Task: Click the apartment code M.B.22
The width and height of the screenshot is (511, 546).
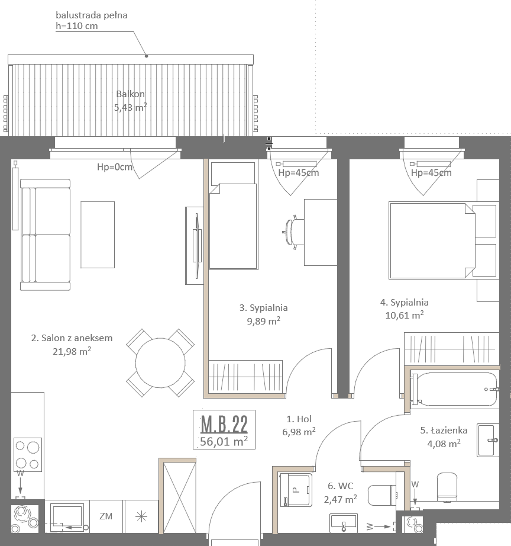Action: tap(224, 424)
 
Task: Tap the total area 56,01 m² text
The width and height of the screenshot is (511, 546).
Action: tap(224, 441)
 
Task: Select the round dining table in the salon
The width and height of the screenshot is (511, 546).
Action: tap(160, 363)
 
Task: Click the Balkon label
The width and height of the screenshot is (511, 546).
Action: tap(131, 94)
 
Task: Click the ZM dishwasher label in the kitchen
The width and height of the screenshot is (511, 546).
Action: tap(106, 516)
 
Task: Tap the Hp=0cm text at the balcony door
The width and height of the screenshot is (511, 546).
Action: tap(115, 167)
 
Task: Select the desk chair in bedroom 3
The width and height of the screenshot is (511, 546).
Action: tap(293, 232)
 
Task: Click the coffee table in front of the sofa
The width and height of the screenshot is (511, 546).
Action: tap(98, 235)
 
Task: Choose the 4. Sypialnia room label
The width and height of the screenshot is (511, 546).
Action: tap(404, 302)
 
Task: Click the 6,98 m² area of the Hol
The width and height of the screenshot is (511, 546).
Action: tap(299, 432)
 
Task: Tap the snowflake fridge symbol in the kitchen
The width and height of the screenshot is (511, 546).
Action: tap(141, 517)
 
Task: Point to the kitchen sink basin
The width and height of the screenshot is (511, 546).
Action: tap(67, 517)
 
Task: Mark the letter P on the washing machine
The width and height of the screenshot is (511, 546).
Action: tap(296, 490)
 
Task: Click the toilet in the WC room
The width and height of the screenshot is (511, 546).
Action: tap(382, 495)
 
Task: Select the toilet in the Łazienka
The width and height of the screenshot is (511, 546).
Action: tap(447, 487)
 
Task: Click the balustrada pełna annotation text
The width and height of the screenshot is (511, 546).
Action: tap(92, 15)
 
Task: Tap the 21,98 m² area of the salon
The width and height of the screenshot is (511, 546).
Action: tap(72, 351)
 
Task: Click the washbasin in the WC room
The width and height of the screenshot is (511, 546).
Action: tap(344, 522)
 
